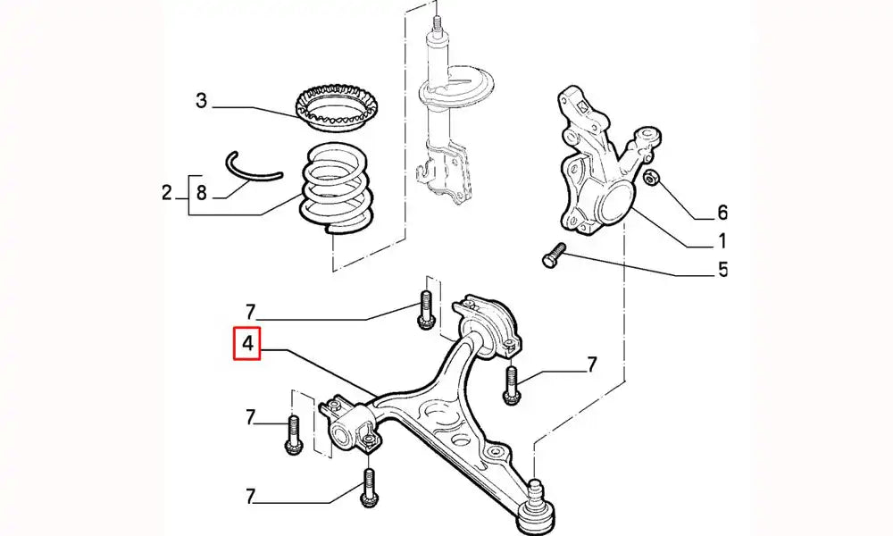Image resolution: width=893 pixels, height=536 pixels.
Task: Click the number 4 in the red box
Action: click(246, 344)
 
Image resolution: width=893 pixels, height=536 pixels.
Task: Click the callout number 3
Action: click(202, 101)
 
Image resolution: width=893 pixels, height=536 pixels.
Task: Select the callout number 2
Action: click(166, 193)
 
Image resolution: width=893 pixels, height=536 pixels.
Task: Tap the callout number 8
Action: click(202, 193)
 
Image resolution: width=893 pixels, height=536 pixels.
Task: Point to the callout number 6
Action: click(722, 213)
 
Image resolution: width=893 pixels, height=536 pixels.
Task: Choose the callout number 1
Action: click(722, 241)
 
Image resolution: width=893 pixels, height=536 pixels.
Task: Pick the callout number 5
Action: click(722, 269)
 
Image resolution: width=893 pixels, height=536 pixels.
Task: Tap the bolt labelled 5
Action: click(553, 255)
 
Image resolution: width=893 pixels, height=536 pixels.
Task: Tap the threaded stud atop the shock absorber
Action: click(437, 26)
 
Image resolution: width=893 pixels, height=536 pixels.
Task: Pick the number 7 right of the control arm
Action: click(591, 364)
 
